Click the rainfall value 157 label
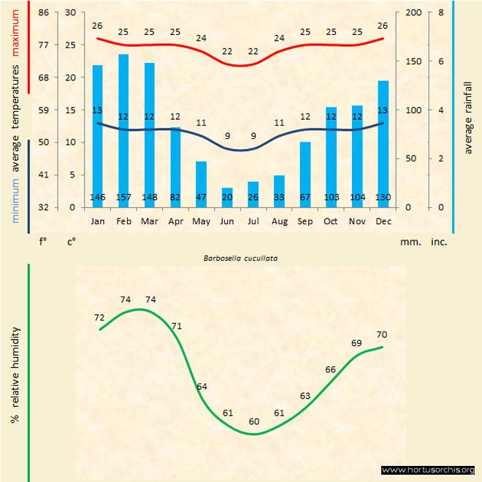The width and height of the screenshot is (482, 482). click(x=123, y=198)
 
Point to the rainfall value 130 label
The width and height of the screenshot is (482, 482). click(x=383, y=198)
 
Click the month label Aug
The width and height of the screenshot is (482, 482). click(x=279, y=221)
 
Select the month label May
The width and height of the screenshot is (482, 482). click(x=201, y=221)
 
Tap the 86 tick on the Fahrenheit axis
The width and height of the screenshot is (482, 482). click(x=43, y=12)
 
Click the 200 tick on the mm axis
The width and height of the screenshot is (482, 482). click(x=413, y=12)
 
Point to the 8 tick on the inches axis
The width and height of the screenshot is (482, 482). click(x=440, y=12)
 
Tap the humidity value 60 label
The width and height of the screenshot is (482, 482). click(x=253, y=421)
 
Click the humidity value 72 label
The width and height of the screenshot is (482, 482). click(x=100, y=318)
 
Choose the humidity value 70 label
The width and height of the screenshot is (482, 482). click(x=382, y=334)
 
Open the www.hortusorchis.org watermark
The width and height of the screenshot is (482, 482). click(x=428, y=470)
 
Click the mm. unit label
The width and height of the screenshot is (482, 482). click(x=410, y=241)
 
